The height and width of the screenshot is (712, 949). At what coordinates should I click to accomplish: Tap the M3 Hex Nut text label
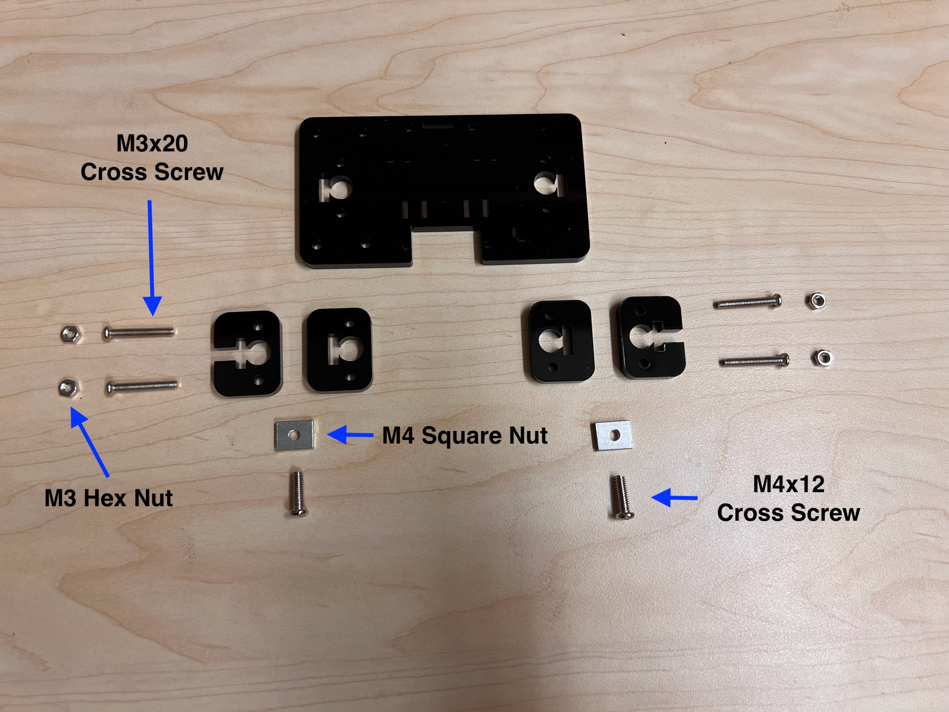pos(109,498)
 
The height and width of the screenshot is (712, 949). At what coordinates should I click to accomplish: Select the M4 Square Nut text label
pos(464,435)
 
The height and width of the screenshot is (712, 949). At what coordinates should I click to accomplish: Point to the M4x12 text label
pos(788,484)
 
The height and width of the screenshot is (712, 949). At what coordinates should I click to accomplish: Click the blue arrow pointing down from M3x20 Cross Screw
pos(150,258)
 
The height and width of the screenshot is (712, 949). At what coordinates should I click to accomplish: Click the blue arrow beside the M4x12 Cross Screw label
pos(674,498)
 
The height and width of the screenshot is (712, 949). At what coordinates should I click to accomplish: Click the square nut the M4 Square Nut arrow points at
pos(294,435)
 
